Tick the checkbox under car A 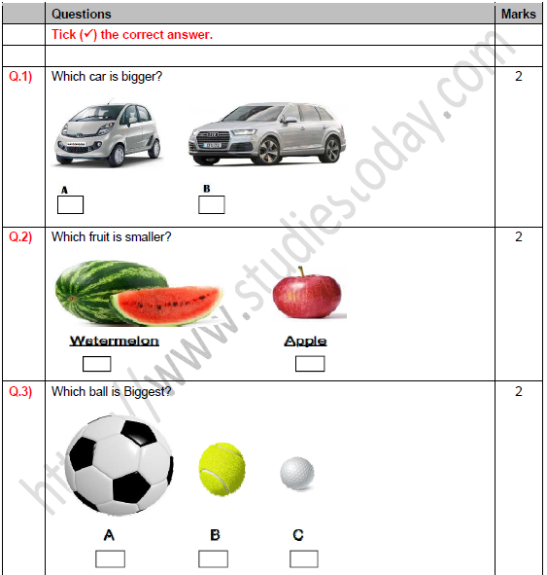pyautogui.click(x=70, y=205)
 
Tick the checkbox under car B pyautogui.click(x=211, y=205)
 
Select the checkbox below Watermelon pyautogui.click(x=96, y=364)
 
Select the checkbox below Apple pyautogui.click(x=309, y=364)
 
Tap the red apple pyautogui.click(x=307, y=296)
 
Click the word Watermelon pyautogui.click(x=108, y=341)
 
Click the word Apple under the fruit pyautogui.click(x=305, y=341)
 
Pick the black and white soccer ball pyautogui.click(x=119, y=463)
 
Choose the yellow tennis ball pyautogui.click(x=222, y=469)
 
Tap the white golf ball pyautogui.click(x=297, y=474)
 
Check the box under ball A pyautogui.click(x=110, y=558)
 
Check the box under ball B pyautogui.click(x=213, y=558)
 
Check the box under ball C pyautogui.click(x=303, y=558)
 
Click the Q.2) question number pyautogui.click(x=20, y=236)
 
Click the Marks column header pyautogui.click(x=518, y=15)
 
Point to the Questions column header pyautogui.click(x=81, y=15)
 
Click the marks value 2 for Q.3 pyautogui.click(x=518, y=392)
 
